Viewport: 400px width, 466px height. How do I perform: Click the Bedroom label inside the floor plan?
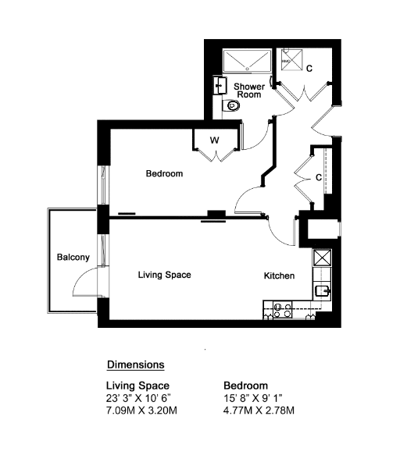click(x=164, y=173)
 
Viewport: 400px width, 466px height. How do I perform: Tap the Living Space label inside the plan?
click(x=164, y=275)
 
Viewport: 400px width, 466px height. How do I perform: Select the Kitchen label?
click(x=279, y=276)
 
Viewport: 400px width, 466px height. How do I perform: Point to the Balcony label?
click(x=73, y=257)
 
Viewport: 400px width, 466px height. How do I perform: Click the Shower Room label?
click(x=249, y=91)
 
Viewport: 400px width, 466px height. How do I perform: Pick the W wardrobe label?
click(x=214, y=140)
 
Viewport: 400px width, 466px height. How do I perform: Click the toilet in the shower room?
click(x=231, y=105)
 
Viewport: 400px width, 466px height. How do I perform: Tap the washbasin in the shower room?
click(x=220, y=85)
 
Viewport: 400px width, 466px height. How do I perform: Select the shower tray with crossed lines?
click(x=247, y=61)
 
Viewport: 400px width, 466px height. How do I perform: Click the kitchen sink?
click(x=323, y=291)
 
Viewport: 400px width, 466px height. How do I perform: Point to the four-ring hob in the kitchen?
click(x=283, y=310)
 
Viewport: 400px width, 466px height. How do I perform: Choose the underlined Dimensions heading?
click(x=136, y=365)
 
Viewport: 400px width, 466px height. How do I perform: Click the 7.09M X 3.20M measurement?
click(x=141, y=411)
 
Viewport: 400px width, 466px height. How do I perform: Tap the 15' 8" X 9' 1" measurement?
click(x=253, y=397)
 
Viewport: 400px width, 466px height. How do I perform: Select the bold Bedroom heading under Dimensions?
click(x=245, y=386)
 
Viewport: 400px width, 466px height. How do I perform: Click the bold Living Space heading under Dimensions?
click(x=137, y=386)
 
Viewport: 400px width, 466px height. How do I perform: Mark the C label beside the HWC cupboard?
click(x=309, y=69)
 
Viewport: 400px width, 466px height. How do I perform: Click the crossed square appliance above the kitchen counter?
click(x=322, y=258)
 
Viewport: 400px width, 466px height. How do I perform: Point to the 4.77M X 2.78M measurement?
click(x=259, y=411)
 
